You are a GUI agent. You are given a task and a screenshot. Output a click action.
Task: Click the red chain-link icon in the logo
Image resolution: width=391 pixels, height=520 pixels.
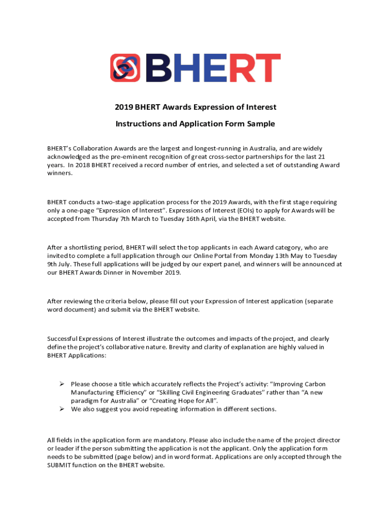pyautogui.click(x=125, y=68)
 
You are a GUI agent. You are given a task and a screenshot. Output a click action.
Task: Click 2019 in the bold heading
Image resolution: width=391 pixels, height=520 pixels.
pyautogui.click(x=124, y=107)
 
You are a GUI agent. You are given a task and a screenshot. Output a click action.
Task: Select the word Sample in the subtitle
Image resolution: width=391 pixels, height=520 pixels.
pyautogui.click(x=261, y=123)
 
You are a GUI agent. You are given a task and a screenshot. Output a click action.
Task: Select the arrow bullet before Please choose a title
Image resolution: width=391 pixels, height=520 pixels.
pyautogui.click(x=62, y=384)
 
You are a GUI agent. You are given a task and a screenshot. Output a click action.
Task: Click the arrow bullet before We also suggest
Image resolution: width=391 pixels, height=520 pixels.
pyautogui.click(x=62, y=409)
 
